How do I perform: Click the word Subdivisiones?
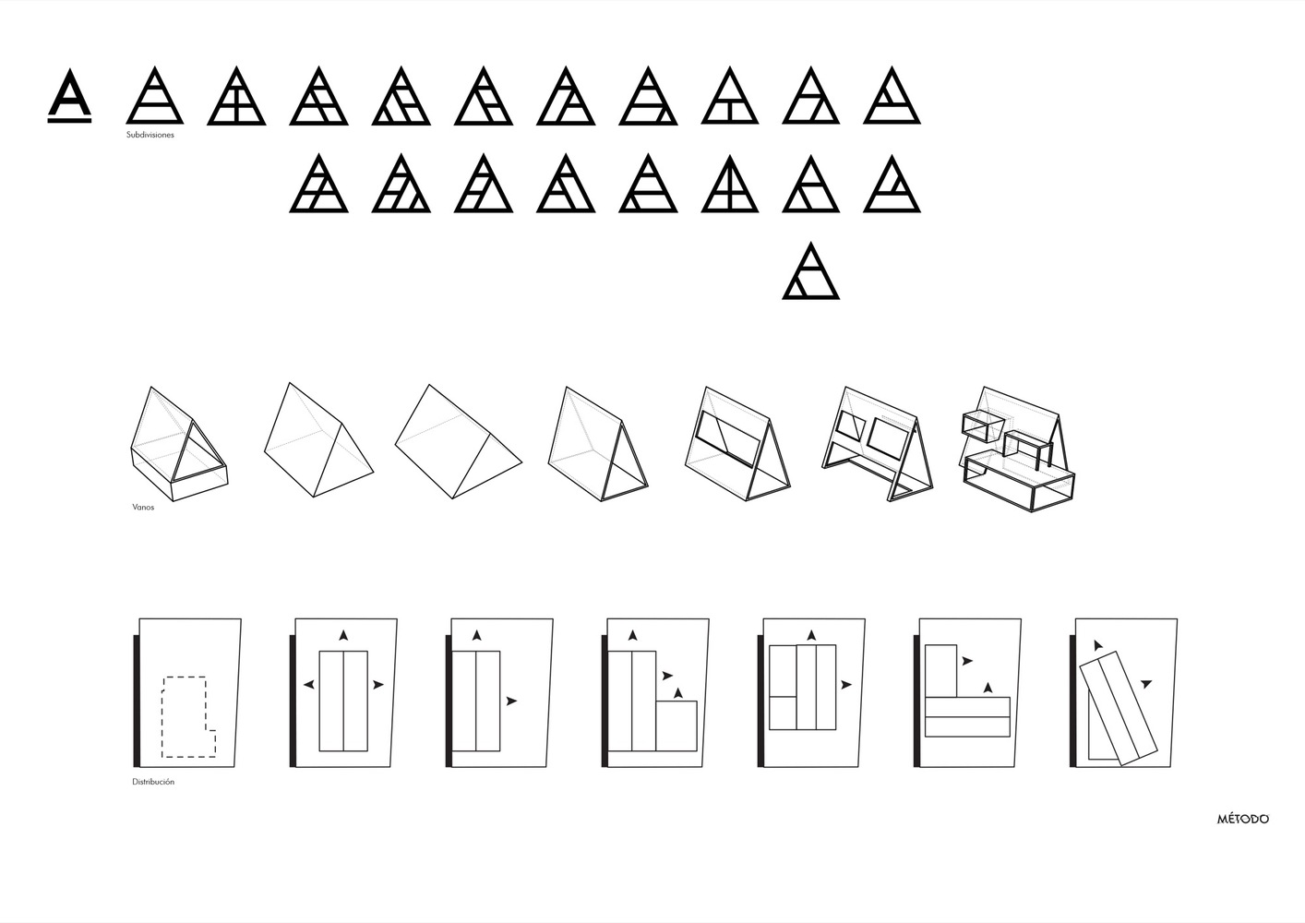click(150, 135)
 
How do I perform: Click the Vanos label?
click(143, 507)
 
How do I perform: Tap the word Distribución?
click(153, 782)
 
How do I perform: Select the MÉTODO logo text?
click(1242, 819)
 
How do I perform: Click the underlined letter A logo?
click(69, 96)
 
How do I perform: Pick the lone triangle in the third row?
click(811, 271)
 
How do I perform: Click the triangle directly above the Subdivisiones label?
click(155, 96)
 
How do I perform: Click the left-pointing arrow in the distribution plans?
click(309, 685)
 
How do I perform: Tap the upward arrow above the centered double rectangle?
click(343, 635)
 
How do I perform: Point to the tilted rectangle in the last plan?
click(1119, 708)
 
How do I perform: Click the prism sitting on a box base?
click(179, 443)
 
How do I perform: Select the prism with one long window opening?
click(738, 443)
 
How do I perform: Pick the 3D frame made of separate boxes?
click(1018, 450)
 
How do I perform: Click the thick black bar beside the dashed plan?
click(137, 701)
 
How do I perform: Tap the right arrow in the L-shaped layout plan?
click(967, 662)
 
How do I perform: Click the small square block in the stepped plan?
click(676, 726)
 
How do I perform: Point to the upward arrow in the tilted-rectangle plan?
click(1097, 645)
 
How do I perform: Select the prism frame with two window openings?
click(878, 444)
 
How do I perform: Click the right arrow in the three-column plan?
click(846, 685)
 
